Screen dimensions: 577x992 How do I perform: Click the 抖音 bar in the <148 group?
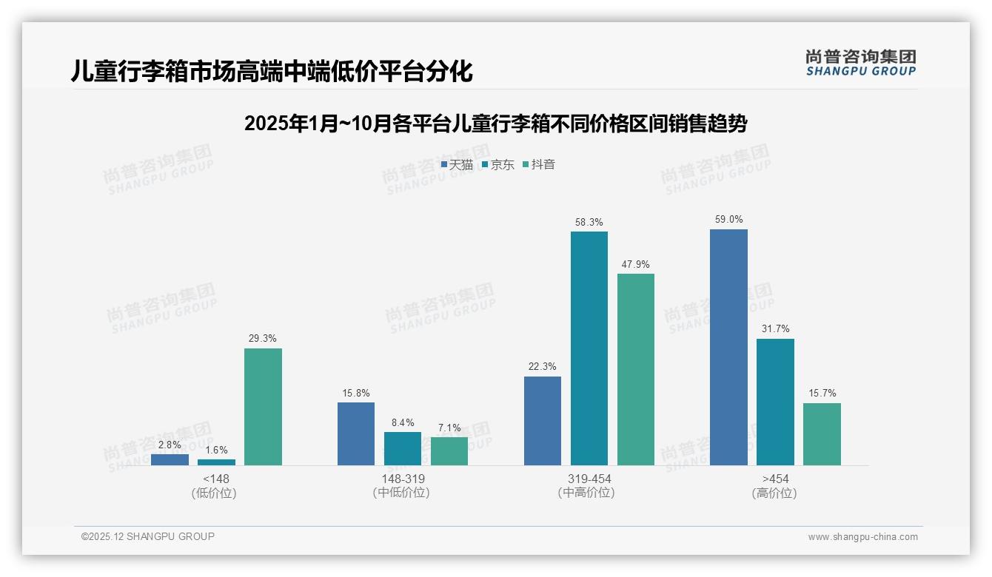click(x=263, y=407)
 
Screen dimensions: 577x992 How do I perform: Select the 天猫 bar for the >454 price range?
click(x=728, y=348)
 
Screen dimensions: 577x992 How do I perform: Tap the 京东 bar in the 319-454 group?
click(x=589, y=348)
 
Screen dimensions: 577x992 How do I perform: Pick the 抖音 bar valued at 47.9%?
click(x=635, y=370)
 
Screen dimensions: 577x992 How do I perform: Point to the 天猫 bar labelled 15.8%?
click(x=356, y=434)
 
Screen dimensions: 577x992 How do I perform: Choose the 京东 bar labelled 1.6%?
click(x=216, y=462)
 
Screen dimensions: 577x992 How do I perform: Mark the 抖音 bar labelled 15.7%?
click(x=822, y=434)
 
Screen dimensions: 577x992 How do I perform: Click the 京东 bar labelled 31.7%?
click(x=775, y=402)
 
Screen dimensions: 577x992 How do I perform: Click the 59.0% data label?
click(x=728, y=220)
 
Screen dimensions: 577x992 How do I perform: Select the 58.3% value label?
click(x=589, y=222)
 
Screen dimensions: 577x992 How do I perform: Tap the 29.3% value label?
click(x=263, y=339)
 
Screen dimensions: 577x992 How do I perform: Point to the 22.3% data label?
click(x=542, y=367)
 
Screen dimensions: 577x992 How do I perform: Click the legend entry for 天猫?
click(x=457, y=165)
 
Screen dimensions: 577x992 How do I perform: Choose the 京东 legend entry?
click(x=497, y=165)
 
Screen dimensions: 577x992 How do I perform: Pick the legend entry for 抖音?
click(x=539, y=165)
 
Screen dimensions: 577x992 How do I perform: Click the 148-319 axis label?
click(x=403, y=479)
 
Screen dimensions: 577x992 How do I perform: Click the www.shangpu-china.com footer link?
click(x=862, y=537)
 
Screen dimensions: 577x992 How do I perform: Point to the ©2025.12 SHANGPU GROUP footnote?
click(x=148, y=536)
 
